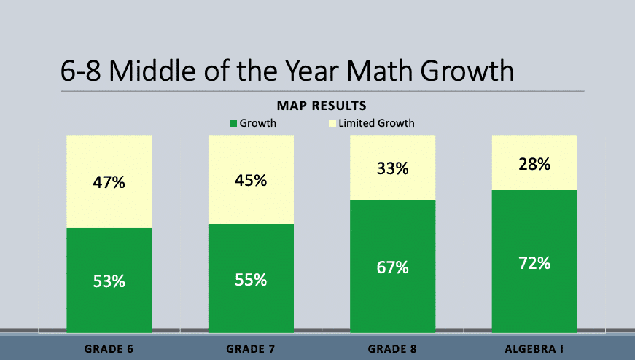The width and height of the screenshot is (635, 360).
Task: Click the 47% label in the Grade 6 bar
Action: click(x=109, y=183)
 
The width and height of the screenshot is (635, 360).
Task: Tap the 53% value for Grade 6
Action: click(x=109, y=281)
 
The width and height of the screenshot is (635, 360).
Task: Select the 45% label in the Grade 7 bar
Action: click(x=251, y=181)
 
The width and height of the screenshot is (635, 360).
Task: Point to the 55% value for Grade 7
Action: click(x=251, y=279)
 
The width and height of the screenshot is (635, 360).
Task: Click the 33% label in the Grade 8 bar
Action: click(x=393, y=168)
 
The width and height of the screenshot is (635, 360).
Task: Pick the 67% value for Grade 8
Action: click(x=393, y=267)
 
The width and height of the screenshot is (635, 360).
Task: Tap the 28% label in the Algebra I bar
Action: click(x=534, y=164)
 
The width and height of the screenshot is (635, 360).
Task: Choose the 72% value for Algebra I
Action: click(x=534, y=263)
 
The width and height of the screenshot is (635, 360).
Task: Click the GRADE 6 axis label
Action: click(x=109, y=348)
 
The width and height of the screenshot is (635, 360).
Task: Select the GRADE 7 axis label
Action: click(x=251, y=348)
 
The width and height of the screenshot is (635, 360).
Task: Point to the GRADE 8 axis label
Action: click(x=393, y=348)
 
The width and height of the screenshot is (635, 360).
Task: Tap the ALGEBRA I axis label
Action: click(x=534, y=348)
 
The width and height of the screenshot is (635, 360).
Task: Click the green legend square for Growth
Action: click(x=233, y=123)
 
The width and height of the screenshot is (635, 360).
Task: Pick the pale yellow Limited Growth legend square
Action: click(x=332, y=123)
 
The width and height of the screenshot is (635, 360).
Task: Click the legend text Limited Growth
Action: click(x=376, y=123)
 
